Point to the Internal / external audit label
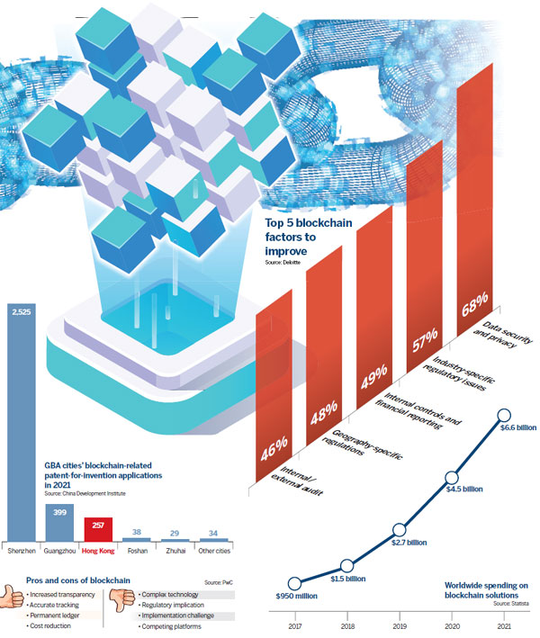click(292, 481)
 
